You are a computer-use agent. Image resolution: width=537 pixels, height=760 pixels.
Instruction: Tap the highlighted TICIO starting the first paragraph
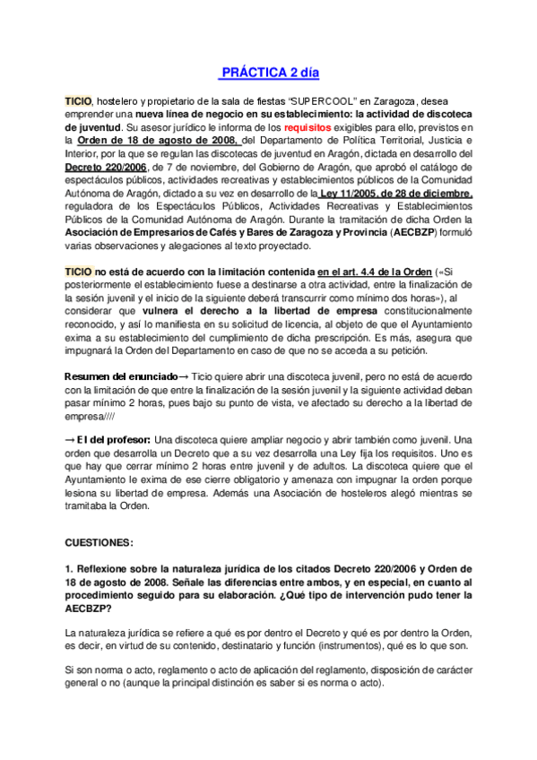click(78, 103)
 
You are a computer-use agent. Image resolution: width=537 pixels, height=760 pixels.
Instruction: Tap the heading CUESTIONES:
click(100, 543)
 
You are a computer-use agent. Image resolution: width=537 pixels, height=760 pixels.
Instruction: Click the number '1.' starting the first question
click(70, 569)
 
